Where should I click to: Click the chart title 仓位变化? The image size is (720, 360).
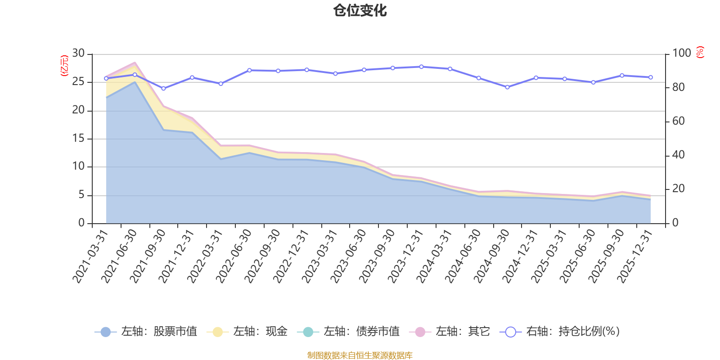[360, 11]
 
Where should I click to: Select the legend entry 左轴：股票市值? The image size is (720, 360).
[146, 331]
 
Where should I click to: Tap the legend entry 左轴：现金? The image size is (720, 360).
[247, 331]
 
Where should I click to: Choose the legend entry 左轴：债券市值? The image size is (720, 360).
[348, 331]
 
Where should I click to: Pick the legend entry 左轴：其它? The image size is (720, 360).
[450, 331]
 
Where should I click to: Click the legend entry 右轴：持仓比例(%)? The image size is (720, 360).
[560, 331]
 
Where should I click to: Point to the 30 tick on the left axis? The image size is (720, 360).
[78, 53]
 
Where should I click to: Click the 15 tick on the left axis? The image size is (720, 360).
[78, 138]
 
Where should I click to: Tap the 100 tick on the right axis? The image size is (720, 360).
[681, 53]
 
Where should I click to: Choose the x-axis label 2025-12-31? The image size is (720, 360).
[634, 256]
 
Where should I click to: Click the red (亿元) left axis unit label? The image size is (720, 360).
[65, 66]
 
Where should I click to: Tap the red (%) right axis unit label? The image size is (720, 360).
[700, 52]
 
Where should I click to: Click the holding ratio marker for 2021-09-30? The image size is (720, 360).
[163, 88]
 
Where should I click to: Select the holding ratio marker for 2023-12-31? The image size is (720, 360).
[421, 67]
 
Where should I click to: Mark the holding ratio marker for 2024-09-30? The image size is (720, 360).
[508, 87]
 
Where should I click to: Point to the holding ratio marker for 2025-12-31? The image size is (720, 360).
[651, 77]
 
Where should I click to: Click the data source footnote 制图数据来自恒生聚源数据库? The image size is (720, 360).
[360, 355]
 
